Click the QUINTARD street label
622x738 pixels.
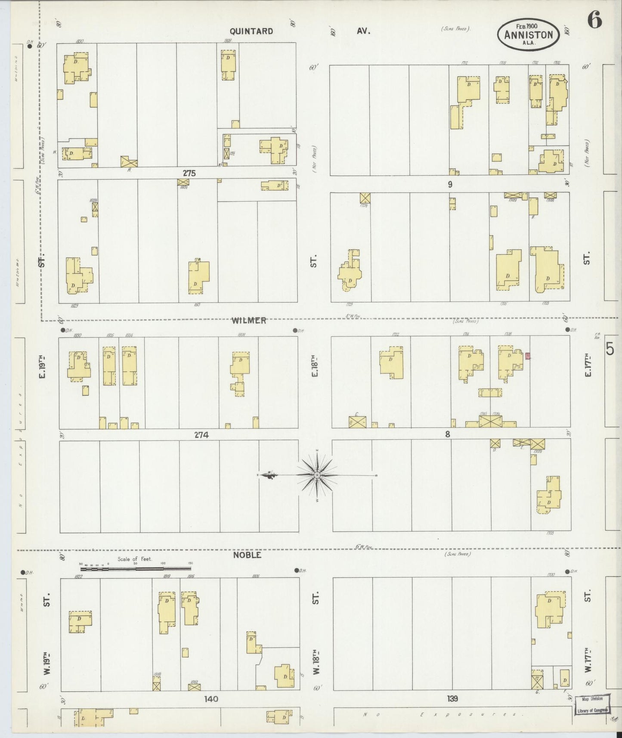pos(251,31)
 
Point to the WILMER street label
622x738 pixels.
pos(249,320)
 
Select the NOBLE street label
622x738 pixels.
pos(247,555)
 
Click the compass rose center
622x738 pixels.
pos(317,475)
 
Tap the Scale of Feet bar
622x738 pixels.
pos(136,568)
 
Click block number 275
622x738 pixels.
pos(189,173)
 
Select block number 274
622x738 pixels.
pos(201,435)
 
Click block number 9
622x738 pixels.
pos(450,184)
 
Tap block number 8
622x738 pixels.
pos(448,434)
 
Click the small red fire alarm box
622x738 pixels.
pos(527,356)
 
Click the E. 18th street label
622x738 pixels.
pos(315,366)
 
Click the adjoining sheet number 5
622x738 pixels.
pos(610,349)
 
